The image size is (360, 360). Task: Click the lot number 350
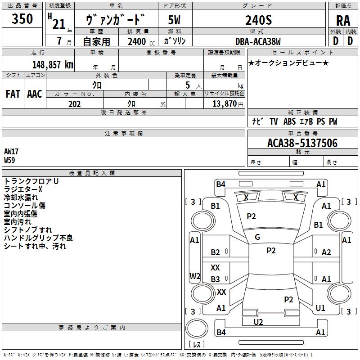click(x=22, y=18)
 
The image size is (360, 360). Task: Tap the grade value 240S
click(x=258, y=20)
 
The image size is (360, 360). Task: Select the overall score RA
click(x=343, y=21)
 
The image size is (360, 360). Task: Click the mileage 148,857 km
click(x=53, y=65)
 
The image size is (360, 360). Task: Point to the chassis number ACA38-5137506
click(x=302, y=143)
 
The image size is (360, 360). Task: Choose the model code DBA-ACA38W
click(x=258, y=41)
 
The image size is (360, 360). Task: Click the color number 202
click(x=74, y=104)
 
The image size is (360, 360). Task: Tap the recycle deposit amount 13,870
click(x=224, y=103)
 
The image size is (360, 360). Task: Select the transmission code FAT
click(x=13, y=94)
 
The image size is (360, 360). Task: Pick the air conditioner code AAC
click(x=35, y=94)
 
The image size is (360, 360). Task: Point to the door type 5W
click(x=174, y=20)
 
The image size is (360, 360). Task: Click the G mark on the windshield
click(x=257, y=237)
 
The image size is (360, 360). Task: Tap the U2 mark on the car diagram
click(x=258, y=322)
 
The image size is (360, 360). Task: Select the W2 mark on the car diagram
click(x=195, y=276)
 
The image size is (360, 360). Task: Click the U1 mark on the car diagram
click(x=320, y=308)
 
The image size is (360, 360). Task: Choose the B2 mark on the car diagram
click(x=215, y=252)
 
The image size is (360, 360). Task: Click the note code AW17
click(x=11, y=152)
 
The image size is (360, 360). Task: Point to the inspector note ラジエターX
click(x=23, y=189)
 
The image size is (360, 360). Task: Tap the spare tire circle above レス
click(x=197, y=328)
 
